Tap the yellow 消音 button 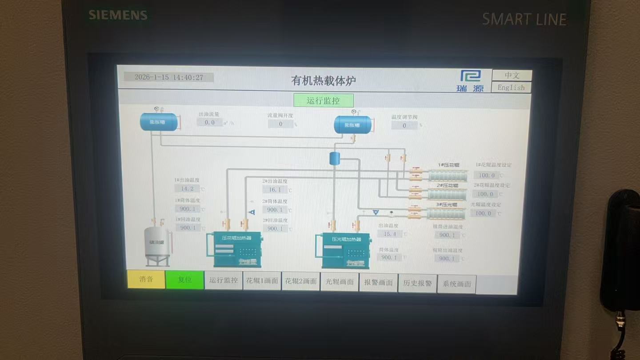[146, 280]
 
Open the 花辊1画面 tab [262, 281]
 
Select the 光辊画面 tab [340, 282]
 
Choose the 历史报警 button [417, 283]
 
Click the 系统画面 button [456, 284]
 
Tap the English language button [511, 88]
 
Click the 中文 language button [512, 76]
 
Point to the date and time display [168, 77]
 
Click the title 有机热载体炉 [324, 80]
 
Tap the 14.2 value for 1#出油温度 [187, 188]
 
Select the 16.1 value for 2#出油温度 [275, 190]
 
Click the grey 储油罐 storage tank [158, 246]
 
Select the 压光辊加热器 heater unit [346, 251]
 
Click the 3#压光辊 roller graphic [446, 214]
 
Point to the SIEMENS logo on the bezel [118, 15]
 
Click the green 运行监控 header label [324, 101]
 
